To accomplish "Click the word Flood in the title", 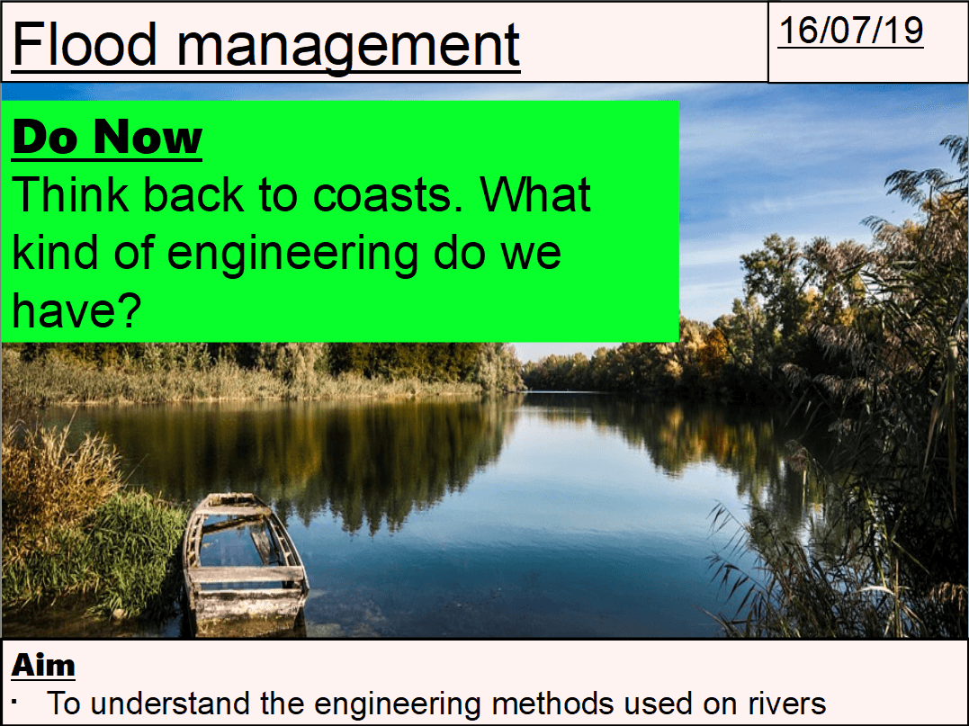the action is click(84, 44).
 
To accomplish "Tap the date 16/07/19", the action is click(851, 31).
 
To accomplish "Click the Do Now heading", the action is click(107, 137).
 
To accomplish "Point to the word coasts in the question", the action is click(388, 195).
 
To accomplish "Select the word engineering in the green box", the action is click(292, 255).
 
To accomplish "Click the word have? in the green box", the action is click(76, 310).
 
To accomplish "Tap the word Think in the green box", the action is click(72, 194).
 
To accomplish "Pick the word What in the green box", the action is click(535, 194).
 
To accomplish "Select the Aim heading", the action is click(43, 665).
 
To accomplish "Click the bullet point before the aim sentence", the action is click(14, 702).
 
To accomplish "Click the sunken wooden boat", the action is click(245, 565).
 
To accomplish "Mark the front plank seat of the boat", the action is click(247, 576).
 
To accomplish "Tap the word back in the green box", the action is click(194, 194).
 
